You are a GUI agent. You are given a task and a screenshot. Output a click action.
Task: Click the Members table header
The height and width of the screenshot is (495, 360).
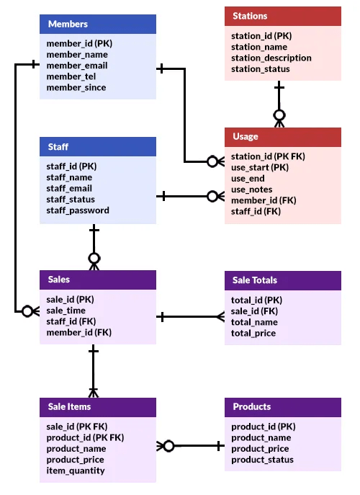[97, 24]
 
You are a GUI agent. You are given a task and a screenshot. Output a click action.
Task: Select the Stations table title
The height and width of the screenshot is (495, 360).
[282, 16]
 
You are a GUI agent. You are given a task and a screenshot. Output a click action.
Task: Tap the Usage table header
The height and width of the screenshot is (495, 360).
[282, 136]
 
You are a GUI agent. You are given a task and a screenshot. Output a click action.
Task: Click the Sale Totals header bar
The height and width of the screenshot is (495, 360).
[282, 280]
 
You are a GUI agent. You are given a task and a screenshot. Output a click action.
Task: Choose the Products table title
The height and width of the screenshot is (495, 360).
[282, 407]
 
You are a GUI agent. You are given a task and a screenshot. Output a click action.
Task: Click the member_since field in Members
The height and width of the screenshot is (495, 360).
[76, 88]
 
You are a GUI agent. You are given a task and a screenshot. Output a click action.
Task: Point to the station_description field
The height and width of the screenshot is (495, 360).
[271, 58]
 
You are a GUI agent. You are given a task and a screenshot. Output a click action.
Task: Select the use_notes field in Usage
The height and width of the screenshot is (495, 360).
[252, 189]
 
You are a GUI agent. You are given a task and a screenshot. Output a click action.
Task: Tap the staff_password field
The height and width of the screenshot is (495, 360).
[78, 210]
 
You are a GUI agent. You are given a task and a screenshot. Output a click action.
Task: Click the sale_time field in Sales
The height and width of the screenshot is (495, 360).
[66, 311]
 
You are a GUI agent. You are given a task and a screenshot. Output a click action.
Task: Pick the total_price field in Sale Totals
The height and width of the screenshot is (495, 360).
[253, 334]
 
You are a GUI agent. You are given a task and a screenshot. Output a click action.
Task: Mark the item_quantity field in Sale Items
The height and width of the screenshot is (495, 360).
[76, 471]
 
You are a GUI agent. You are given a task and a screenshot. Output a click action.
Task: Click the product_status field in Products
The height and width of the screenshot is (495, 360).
[262, 460]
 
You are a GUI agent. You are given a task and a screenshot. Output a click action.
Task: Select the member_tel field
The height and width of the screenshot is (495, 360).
[71, 76]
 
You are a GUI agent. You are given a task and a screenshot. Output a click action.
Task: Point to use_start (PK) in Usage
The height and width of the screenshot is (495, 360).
[260, 167]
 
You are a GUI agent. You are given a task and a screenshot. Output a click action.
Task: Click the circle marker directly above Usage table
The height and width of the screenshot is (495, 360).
[279, 115]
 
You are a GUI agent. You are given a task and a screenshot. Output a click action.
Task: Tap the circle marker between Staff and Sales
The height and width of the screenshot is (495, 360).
[94, 258]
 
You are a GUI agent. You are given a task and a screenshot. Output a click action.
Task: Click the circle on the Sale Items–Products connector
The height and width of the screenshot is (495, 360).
[168, 446]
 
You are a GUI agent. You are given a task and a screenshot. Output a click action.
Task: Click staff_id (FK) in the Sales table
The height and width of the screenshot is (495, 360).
[71, 321]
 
